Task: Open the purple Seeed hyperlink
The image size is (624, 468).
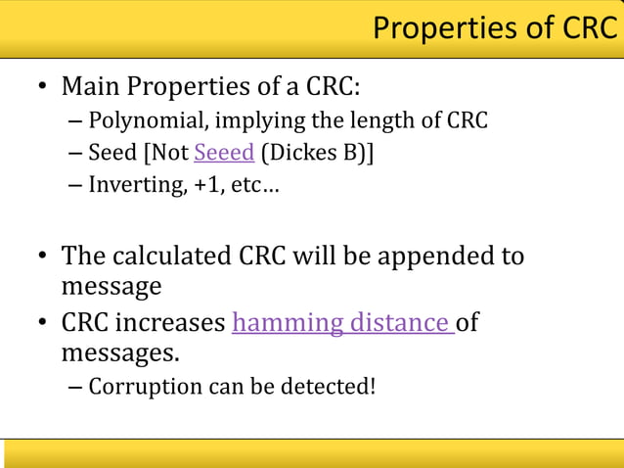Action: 224,153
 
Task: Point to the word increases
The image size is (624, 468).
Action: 171,322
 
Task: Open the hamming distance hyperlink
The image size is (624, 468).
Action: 342,322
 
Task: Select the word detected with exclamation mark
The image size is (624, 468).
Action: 331,386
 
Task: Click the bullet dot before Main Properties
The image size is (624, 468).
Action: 43,88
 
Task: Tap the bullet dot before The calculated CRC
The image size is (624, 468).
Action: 43,257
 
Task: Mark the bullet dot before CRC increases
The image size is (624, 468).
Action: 43,323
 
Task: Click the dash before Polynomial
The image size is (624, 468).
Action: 76,122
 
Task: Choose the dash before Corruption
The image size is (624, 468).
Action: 76,387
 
